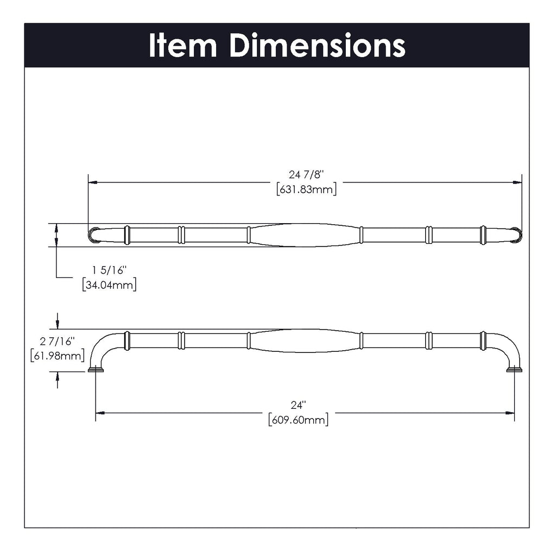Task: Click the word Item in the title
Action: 183,46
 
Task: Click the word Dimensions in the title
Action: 317,46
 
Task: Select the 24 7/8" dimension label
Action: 306,175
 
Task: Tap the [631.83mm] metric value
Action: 306,189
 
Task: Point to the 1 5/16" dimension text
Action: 109,270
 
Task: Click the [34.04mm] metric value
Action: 109,284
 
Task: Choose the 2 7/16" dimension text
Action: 57,342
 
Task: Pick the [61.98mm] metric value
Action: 57,356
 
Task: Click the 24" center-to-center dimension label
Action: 298,405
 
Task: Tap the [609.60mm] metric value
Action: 298,420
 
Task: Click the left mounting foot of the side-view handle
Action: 96,370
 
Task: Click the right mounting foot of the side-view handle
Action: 514,370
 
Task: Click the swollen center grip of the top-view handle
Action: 304,235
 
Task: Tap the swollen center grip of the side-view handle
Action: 304,340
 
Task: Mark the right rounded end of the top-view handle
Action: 516,235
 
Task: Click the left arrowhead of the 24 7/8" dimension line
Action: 93,183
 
